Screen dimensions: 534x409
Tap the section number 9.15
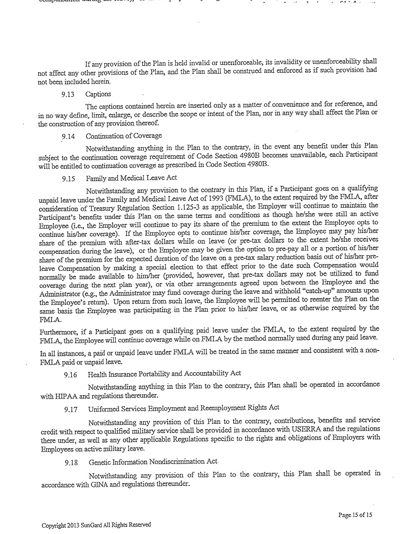point(68,179)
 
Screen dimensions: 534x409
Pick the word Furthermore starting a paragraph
point(59,330)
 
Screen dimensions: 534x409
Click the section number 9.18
point(71,463)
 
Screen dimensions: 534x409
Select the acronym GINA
point(99,484)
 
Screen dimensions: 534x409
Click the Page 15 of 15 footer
point(355,515)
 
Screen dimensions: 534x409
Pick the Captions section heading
point(98,94)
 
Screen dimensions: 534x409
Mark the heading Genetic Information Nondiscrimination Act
point(153,462)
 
